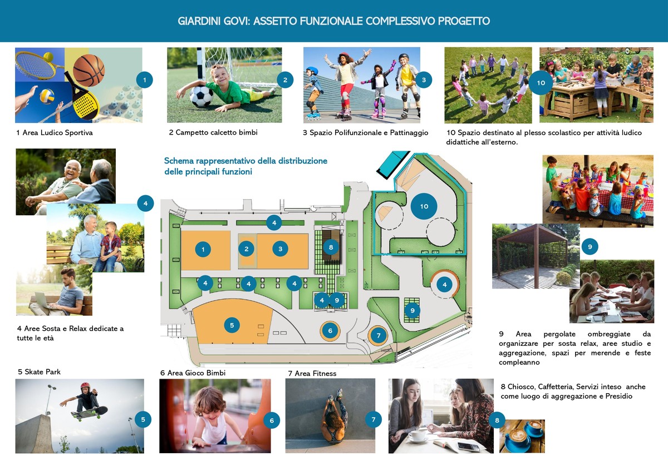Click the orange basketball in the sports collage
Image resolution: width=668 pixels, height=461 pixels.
pyautogui.click(x=89, y=70)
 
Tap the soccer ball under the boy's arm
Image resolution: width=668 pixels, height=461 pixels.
pyautogui.click(x=202, y=96)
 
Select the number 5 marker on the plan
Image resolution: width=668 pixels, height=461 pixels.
pyautogui.click(x=232, y=325)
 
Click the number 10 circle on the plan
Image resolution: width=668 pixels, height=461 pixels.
pyautogui.click(x=424, y=206)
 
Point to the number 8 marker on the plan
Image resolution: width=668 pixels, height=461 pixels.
pyautogui.click(x=331, y=247)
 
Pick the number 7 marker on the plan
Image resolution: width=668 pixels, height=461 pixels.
pyautogui.click(x=378, y=335)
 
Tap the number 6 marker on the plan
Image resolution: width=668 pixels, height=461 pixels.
pyautogui.click(x=330, y=330)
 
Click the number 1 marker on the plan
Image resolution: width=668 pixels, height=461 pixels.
pyautogui.click(x=203, y=250)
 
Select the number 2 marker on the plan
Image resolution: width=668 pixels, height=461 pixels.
pyautogui.click(x=246, y=249)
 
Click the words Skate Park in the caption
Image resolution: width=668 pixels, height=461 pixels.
pyautogui.click(x=43, y=371)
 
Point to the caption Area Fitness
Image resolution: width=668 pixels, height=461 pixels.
pyautogui.click(x=316, y=373)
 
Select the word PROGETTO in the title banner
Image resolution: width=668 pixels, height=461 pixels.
pyautogui.click(x=464, y=21)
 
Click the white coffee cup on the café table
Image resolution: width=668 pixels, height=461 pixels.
pyautogui.click(x=417, y=435)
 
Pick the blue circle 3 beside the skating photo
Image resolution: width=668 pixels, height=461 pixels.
pyautogui.click(x=424, y=80)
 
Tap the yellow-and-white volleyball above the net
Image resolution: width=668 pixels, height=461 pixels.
pyautogui.click(x=47, y=96)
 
